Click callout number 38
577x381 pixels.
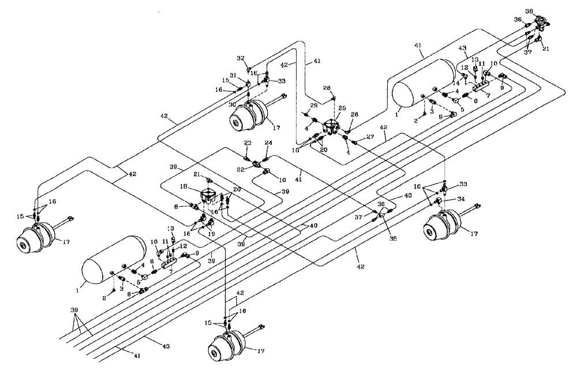click(545, 12)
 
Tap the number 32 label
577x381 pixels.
click(241, 58)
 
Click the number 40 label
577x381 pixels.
click(314, 225)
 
